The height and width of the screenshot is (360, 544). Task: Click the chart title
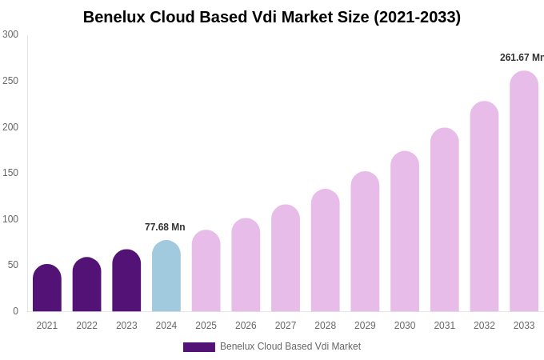272,17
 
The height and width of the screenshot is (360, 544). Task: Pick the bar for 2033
524,192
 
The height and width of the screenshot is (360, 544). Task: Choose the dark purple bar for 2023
126,281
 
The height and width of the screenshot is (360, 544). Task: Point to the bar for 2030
405,232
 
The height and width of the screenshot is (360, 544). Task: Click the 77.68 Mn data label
165,227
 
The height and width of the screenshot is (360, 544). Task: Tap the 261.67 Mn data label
522,58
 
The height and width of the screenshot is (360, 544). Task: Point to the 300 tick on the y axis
10,34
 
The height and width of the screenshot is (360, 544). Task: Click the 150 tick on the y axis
10,173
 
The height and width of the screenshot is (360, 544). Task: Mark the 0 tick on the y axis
15,311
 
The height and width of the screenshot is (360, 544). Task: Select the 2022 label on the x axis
86,326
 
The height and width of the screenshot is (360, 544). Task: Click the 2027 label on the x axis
286,326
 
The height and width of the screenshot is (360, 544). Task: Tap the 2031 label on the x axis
445,326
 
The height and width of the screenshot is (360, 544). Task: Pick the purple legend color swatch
199,347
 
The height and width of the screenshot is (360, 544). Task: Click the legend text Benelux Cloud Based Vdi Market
290,346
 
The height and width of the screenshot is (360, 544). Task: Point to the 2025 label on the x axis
206,326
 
